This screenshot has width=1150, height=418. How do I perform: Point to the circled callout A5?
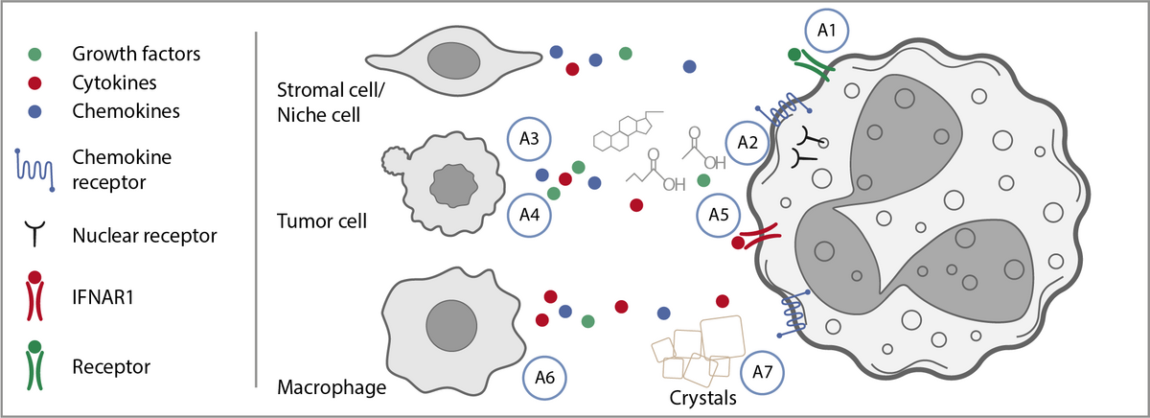719,213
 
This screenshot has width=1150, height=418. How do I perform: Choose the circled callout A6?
545,379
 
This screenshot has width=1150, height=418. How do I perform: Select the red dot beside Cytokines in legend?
34,82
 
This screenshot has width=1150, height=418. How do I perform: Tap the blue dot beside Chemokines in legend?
34,110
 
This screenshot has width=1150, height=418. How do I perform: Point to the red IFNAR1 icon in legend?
34,296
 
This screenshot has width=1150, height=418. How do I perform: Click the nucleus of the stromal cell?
453,61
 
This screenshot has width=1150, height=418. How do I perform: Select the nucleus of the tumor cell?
449,182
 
